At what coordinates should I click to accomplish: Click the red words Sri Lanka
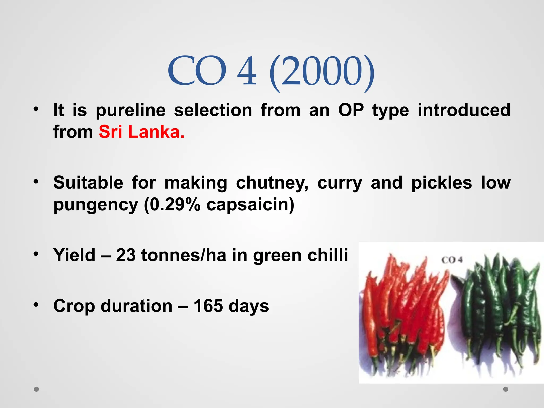point(141,132)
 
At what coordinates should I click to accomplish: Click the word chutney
point(272,183)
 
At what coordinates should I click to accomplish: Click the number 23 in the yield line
point(125,255)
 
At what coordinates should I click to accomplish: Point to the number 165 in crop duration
point(208,306)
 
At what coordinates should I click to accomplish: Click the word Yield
point(74,255)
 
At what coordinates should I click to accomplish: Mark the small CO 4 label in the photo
point(452,260)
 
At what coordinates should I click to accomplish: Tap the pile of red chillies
point(404,313)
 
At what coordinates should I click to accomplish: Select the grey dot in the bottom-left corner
point(36,389)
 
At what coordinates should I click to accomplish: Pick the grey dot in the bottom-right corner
point(506,389)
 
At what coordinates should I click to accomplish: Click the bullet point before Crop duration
point(36,304)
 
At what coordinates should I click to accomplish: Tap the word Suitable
point(88,183)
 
